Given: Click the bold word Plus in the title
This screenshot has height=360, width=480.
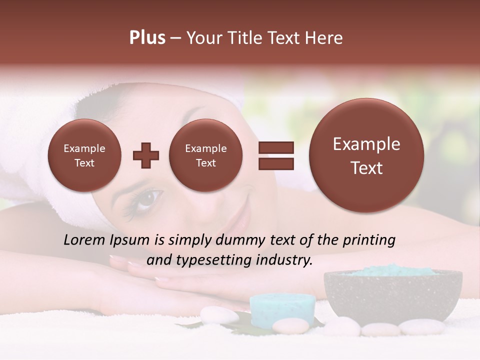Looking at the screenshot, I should point(147,38).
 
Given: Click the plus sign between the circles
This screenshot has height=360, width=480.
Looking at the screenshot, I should point(146,155).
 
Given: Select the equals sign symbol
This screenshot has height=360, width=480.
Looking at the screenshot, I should point(275,155).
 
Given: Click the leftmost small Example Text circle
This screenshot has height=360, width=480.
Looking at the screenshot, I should point(84,155).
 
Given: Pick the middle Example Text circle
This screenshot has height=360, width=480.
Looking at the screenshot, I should point(206,155).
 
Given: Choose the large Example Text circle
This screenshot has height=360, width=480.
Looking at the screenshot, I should point(366,155).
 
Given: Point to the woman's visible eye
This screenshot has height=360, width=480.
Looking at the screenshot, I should point(145,199).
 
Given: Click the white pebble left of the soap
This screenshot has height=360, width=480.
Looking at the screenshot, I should point(219,315).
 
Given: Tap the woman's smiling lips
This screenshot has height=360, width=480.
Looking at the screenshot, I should point(239,220).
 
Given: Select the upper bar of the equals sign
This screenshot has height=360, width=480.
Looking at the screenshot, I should point(275,148).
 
